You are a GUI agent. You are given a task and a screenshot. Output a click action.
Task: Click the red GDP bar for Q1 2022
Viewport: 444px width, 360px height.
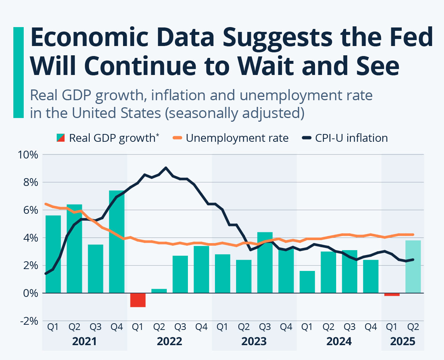137,300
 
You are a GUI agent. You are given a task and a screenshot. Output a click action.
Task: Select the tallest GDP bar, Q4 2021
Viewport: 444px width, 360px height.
116,241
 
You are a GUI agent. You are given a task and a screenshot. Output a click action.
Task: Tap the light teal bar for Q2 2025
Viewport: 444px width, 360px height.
413,266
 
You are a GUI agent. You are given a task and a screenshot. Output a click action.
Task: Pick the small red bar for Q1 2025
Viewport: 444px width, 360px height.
392,295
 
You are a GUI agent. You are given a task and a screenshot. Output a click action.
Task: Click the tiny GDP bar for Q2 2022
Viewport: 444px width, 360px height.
159,291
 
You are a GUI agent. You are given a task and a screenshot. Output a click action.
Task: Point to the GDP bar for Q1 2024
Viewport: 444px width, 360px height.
307,282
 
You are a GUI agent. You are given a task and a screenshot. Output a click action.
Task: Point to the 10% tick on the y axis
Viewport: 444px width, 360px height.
27,154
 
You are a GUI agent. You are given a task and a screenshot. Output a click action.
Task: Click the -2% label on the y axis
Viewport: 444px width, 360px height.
27,321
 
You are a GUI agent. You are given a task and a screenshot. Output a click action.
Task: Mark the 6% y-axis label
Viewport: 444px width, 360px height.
30,210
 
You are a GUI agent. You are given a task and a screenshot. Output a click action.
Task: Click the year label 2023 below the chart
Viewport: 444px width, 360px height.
254,341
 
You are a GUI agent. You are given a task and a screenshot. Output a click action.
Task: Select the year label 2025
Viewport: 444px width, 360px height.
402,341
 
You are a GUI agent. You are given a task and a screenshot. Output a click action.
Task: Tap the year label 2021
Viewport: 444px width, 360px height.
84,341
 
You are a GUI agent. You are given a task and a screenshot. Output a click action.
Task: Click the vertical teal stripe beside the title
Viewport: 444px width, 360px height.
18,72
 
